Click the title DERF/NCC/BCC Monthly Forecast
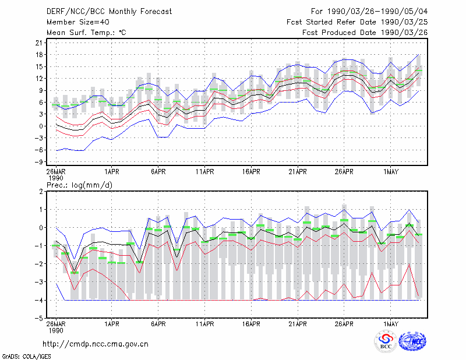(x=109, y=12)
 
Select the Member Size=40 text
(x=78, y=22)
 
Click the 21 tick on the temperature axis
(x=39, y=43)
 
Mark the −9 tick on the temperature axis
(x=38, y=162)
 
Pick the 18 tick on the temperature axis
(x=39, y=55)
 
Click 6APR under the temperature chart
(x=158, y=172)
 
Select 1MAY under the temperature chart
(x=391, y=172)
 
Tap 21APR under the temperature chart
(x=298, y=172)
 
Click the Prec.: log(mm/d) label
(x=79, y=185)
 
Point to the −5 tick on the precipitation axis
(x=38, y=319)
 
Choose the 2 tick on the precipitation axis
(x=41, y=192)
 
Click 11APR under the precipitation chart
(x=205, y=324)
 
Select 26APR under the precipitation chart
(x=344, y=324)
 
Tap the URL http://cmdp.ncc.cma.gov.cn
(x=96, y=344)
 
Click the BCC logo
(x=386, y=342)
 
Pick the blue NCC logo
(x=412, y=342)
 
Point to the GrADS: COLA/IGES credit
(x=27, y=357)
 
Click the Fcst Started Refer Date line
(x=357, y=22)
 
